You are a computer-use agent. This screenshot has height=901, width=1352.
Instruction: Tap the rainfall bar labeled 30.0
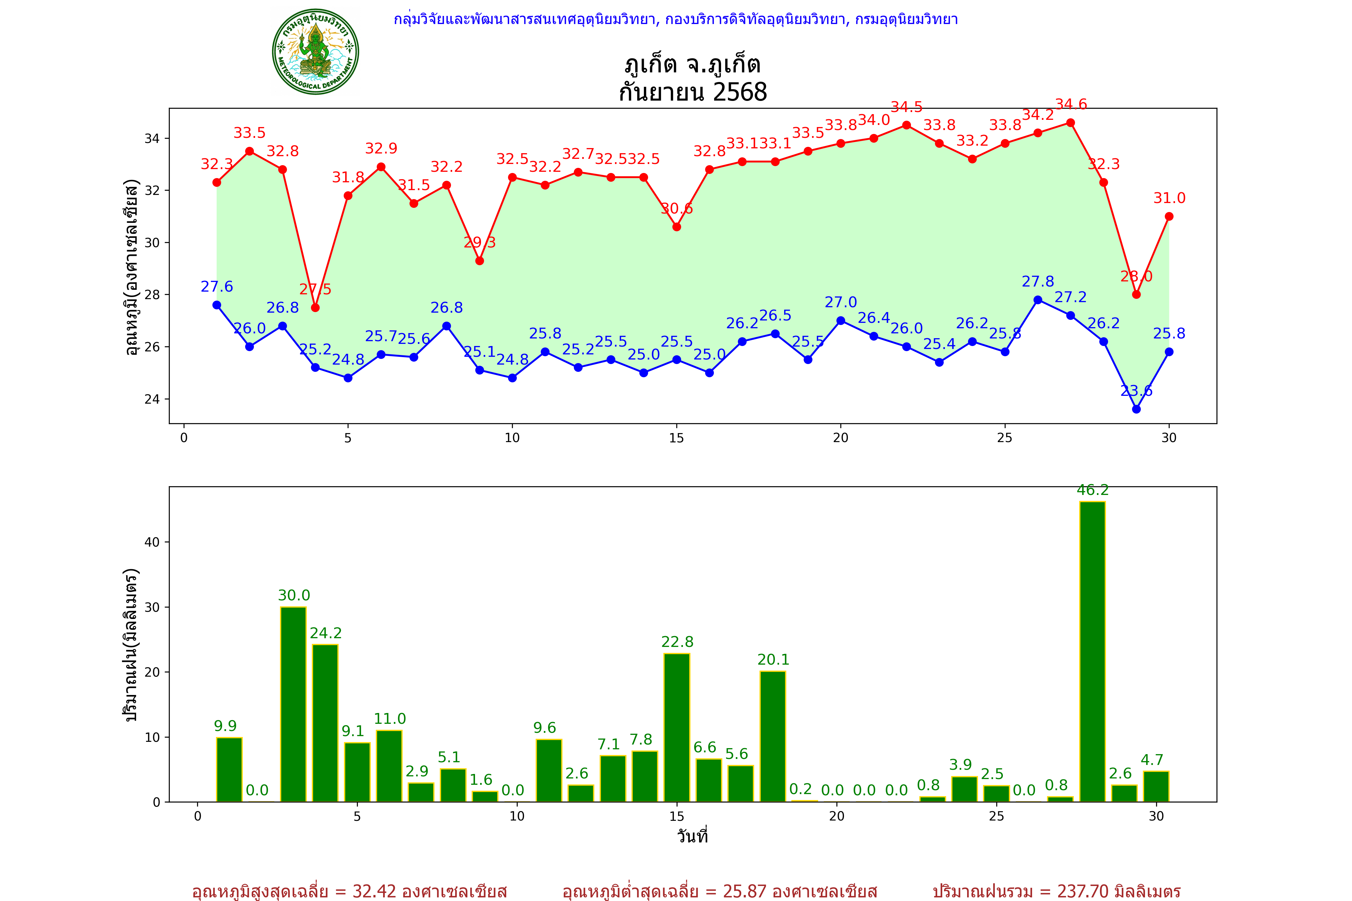click(293, 704)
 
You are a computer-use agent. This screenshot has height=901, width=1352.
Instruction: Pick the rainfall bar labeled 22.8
click(677, 727)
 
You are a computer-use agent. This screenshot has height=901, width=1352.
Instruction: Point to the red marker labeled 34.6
click(1070, 123)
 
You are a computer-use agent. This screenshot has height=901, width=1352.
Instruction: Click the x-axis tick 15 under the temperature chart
click(677, 438)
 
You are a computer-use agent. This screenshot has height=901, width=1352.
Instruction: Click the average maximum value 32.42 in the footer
click(374, 891)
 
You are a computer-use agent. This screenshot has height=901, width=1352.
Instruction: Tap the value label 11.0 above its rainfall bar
click(390, 719)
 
